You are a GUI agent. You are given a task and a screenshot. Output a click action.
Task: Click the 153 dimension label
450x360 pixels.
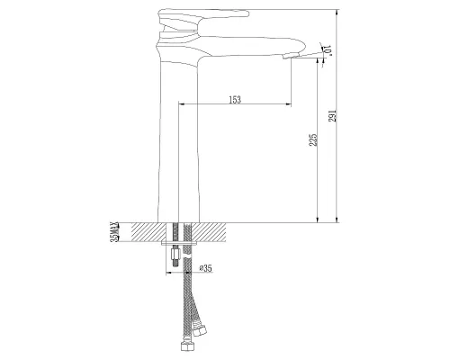235,99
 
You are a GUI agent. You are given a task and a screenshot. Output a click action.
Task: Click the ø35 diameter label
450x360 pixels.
204,267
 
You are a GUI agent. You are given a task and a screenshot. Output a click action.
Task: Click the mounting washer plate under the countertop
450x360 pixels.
181,243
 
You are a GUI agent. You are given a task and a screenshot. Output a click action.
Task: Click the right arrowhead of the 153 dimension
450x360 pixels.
287,105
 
